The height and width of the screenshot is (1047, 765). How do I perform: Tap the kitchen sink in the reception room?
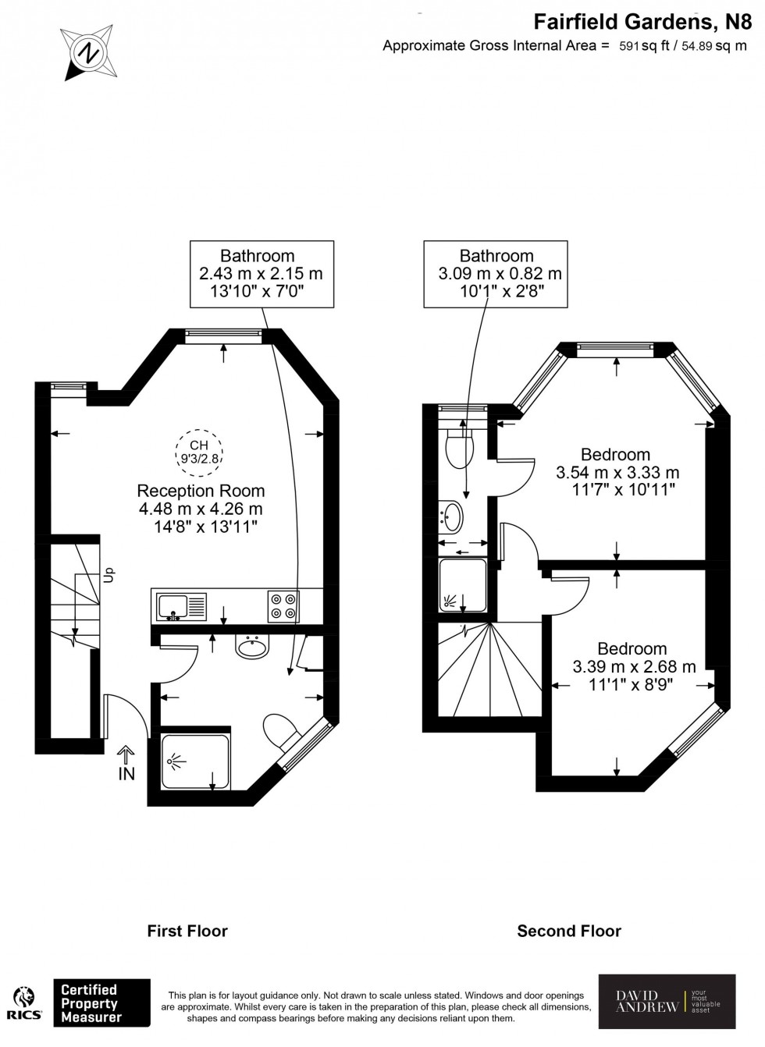point(180,606)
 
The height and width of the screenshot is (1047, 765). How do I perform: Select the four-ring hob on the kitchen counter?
point(283,606)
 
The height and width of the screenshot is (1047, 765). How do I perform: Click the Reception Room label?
point(201,491)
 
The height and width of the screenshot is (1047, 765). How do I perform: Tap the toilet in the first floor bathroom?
point(280,730)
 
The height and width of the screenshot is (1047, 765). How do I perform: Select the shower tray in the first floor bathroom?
point(196,758)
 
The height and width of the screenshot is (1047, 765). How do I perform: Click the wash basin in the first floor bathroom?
point(251,646)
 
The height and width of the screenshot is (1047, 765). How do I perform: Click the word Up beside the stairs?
point(109,575)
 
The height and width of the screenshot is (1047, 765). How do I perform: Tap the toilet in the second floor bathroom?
point(459,449)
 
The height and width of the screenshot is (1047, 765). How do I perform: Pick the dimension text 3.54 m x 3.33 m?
point(617,473)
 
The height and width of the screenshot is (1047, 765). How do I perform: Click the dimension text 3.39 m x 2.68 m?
point(634,667)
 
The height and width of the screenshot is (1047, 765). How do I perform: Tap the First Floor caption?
point(187,931)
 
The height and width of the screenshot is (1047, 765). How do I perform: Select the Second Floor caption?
point(569,931)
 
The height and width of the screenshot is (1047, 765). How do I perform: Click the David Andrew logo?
point(667,1002)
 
